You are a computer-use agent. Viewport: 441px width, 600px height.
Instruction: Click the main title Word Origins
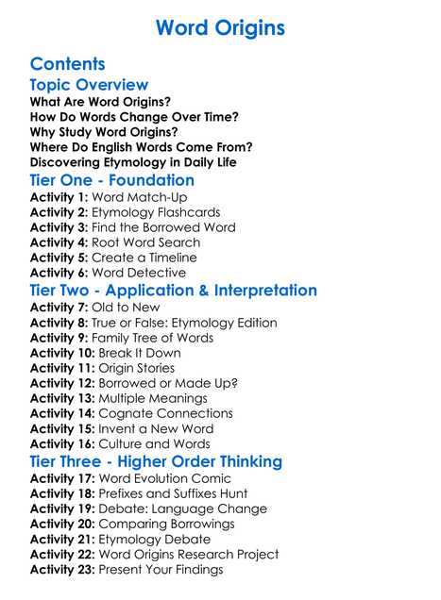(x=220, y=27)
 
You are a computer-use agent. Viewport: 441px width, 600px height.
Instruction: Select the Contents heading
(x=68, y=64)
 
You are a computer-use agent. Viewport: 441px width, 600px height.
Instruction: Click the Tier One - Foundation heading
(x=112, y=180)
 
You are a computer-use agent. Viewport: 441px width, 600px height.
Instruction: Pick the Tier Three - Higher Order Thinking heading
(x=156, y=461)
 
